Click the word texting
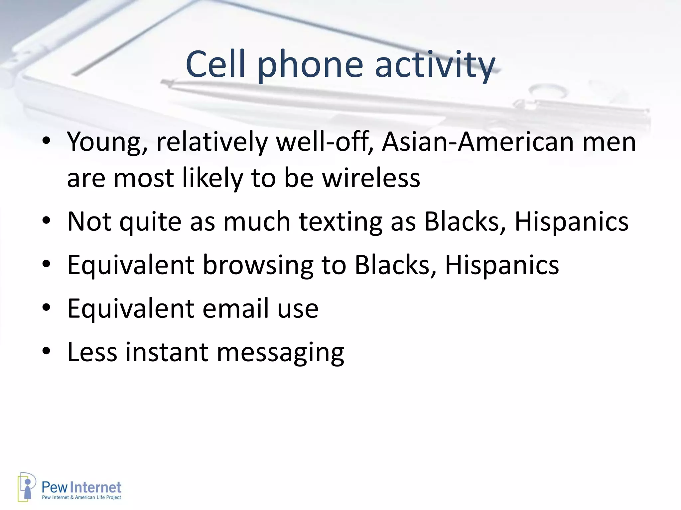(x=341, y=221)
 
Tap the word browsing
(x=258, y=265)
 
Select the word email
(x=235, y=308)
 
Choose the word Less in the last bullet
(x=92, y=352)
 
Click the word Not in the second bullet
(x=89, y=221)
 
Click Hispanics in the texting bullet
(x=572, y=221)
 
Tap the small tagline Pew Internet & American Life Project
(x=81, y=497)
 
